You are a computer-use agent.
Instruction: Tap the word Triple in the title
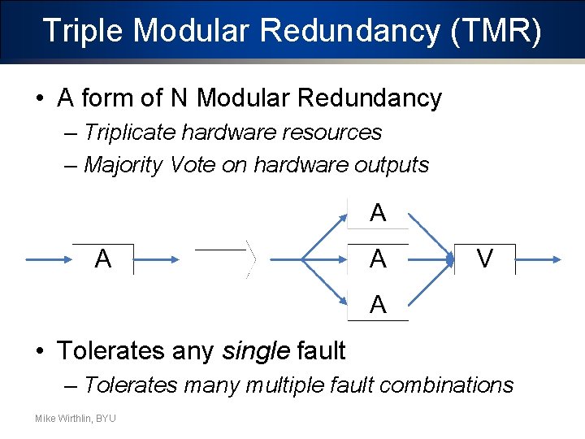click(x=84, y=31)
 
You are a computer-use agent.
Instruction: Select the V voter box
click(x=485, y=259)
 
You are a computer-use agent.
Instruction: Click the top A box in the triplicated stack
click(x=378, y=214)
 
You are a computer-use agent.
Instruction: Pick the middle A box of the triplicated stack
click(x=378, y=259)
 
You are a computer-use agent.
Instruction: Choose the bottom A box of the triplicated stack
click(x=378, y=305)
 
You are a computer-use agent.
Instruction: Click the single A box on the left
click(x=102, y=259)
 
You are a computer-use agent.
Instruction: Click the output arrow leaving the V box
click(x=538, y=260)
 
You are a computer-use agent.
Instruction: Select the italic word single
click(x=255, y=351)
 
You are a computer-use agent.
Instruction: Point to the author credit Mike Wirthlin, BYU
click(x=75, y=418)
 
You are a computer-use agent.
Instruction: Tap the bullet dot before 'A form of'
click(x=40, y=99)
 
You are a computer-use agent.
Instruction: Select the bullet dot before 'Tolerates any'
click(x=40, y=351)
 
